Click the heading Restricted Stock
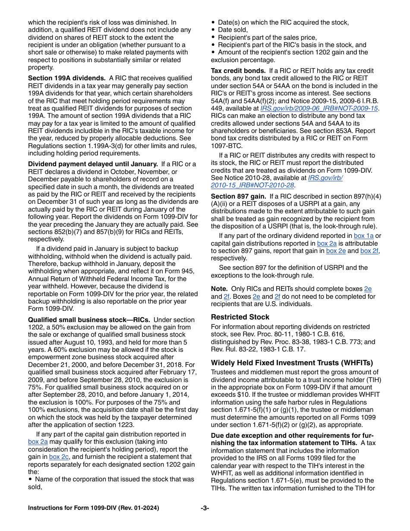240,317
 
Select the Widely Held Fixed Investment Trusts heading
292,363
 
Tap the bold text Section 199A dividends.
67,78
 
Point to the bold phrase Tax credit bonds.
238,71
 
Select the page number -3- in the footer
205,508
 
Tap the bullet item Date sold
233,30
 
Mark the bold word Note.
219,289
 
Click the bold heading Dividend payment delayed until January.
93,164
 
